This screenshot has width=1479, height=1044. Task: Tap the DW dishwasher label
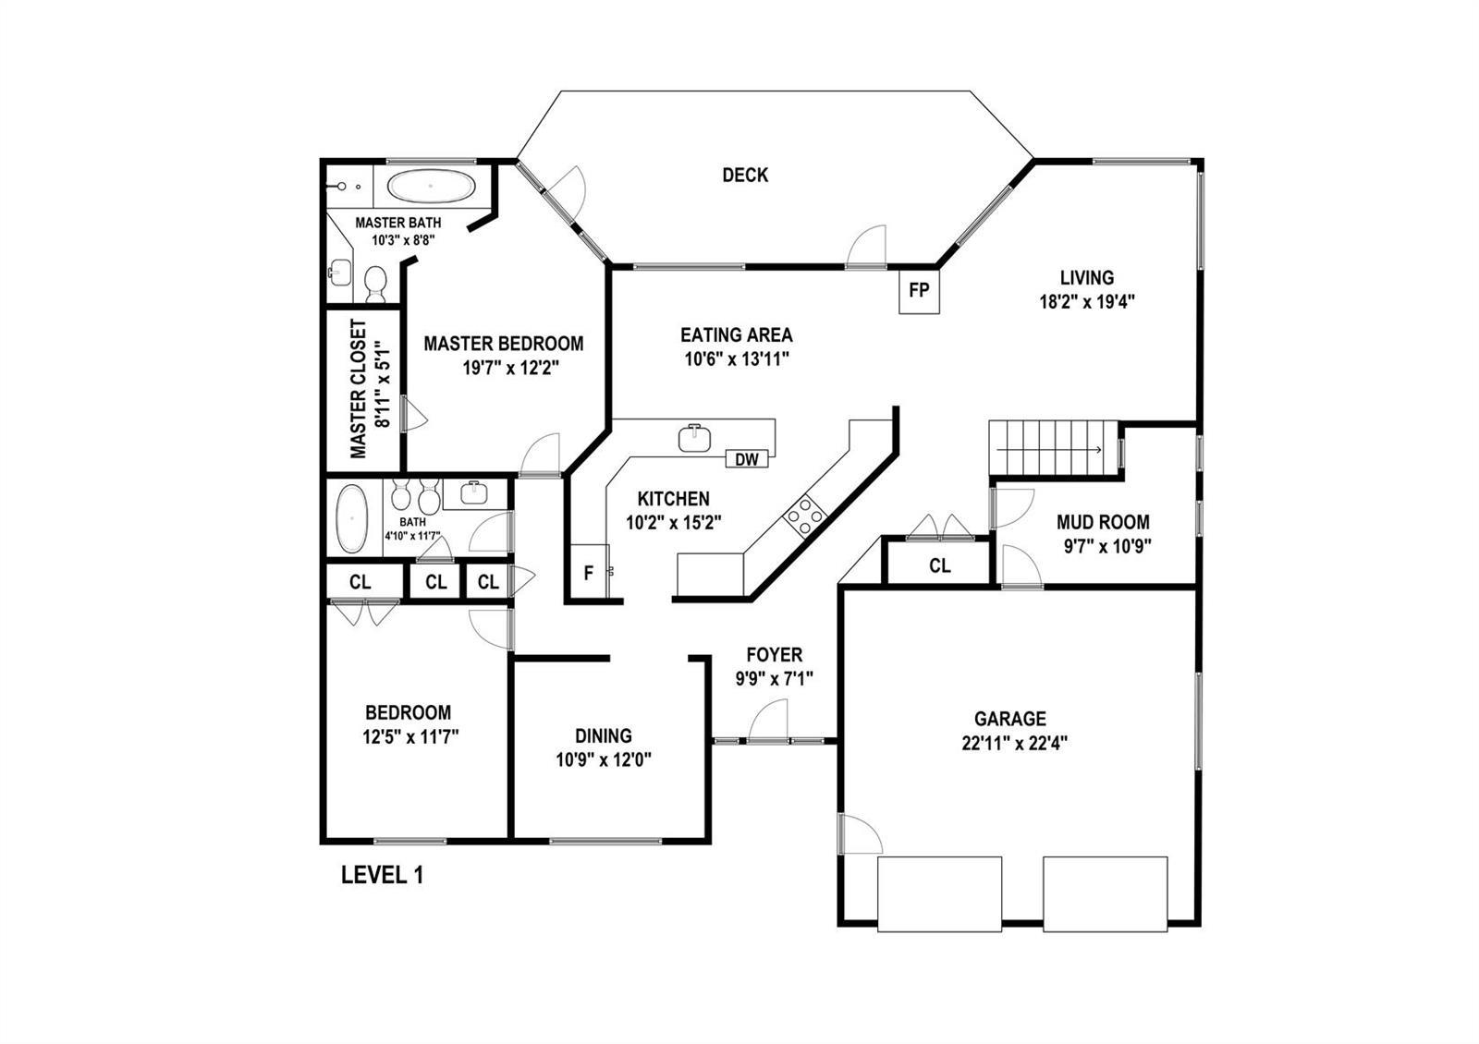(747, 459)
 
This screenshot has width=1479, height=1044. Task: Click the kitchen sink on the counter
(694, 438)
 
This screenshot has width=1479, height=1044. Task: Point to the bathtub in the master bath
(431, 187)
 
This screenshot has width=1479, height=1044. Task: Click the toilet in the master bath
(375, 284)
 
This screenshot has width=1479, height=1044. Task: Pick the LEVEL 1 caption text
(383, 876)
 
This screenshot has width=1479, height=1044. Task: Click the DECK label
(745, 175)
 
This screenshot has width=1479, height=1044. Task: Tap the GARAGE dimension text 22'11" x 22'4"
(1015, 744)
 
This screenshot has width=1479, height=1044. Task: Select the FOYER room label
(775, 655)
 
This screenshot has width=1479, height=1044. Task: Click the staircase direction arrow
(1049, 450)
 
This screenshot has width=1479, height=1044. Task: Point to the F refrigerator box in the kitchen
(589, 572)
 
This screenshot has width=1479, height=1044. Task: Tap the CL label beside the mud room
(939, 565)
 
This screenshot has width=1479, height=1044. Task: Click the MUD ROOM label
(1103, 523)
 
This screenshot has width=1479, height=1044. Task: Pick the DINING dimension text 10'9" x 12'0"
(604, 760)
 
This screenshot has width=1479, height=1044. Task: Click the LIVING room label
(1087, 278)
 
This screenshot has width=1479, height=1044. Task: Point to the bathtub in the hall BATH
(352, 518)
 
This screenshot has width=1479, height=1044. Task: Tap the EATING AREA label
(737, 335)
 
